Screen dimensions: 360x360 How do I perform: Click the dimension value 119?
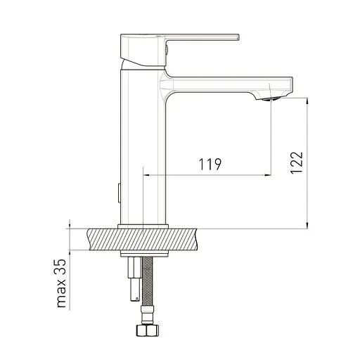click(x=210, y=164)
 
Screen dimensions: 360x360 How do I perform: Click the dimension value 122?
click(x=297, y=162)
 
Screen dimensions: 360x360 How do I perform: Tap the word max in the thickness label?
click(x=62, y=293)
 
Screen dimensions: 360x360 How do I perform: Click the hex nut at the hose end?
click(x=147, y=330)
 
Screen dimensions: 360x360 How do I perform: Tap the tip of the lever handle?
click(x=238, y=37)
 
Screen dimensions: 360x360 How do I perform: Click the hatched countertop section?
click(x=143, y=239)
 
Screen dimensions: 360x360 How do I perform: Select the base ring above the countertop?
click(x=143, y=226)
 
